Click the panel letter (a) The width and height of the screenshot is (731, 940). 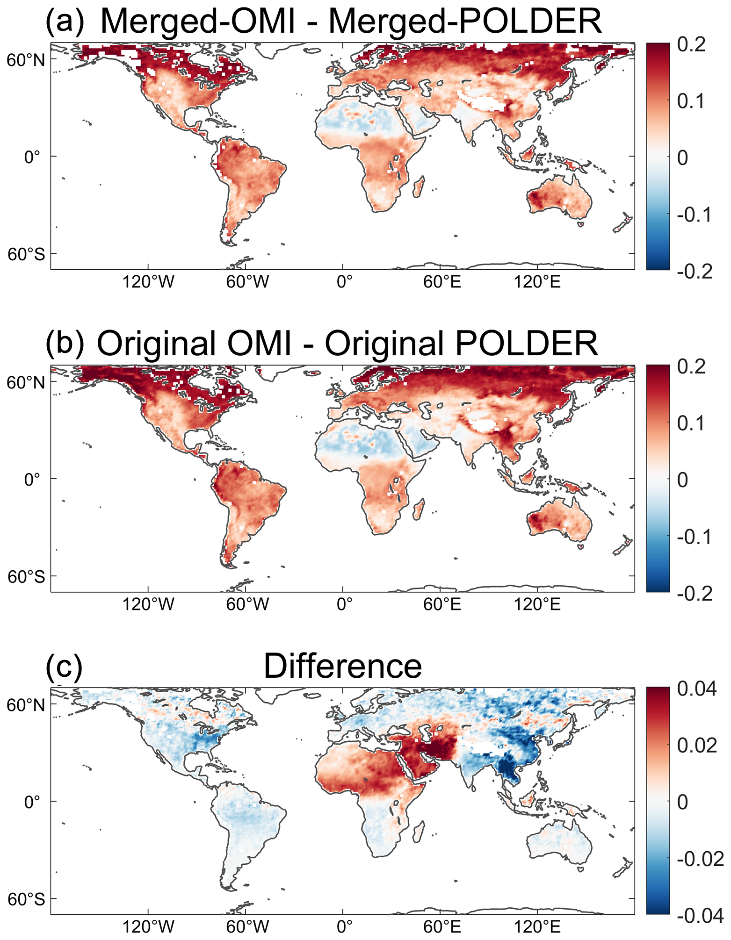[x=65, y=21]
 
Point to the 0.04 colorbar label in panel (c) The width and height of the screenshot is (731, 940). [x=696, y=689]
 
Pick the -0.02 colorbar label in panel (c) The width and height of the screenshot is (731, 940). [x=700, y=859]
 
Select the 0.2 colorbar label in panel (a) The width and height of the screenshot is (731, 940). [x=691, y=45]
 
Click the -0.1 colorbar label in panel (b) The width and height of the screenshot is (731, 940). [x=695, y=537]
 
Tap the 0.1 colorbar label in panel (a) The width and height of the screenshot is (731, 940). [x=691, y=101]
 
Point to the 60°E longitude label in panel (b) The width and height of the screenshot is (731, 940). [x=442, y=604]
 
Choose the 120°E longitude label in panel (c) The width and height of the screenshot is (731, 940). [x=537, y=926]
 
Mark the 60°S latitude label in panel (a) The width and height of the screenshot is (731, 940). [x=26, y=254]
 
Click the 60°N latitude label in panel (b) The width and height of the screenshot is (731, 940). [x=26, y=382]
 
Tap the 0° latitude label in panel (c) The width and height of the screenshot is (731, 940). [x=32, y=802]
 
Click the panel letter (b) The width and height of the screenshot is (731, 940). [x=65, y=344]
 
